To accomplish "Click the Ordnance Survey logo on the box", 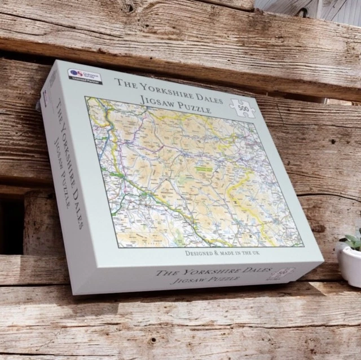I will (x=77, y=73).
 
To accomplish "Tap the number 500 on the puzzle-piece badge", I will (x=243, y=108).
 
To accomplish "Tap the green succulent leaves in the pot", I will (x=352, y=241).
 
